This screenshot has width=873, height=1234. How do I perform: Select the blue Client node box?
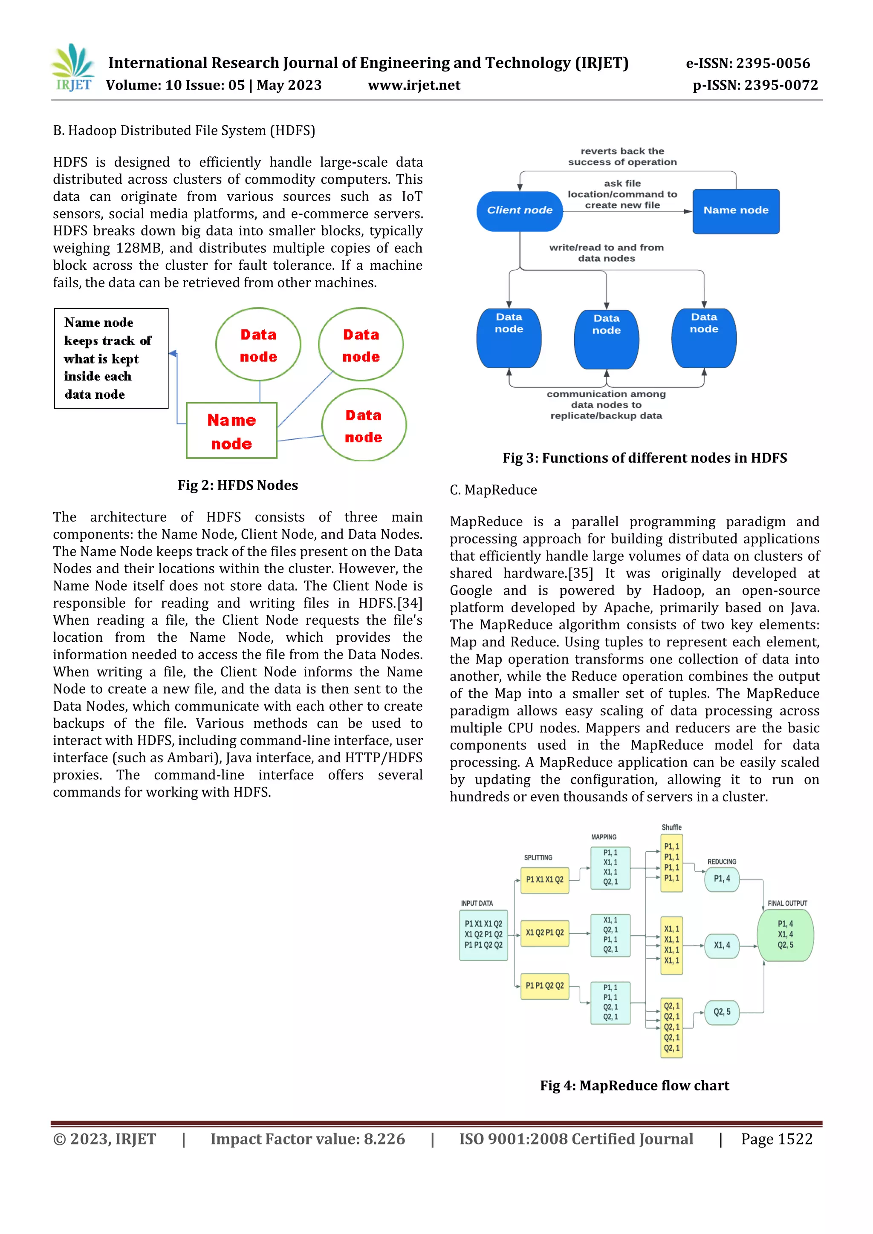tap(519, 210)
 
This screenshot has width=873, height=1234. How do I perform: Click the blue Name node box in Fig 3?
tap(735, 210)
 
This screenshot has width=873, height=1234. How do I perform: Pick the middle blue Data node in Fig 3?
tap(607, 339)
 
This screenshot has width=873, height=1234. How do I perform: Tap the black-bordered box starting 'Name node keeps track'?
tap(111, 358)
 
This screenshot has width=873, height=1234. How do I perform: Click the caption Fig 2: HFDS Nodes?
tap(237, 485)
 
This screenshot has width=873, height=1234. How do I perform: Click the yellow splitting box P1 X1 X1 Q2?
tap(544, 880)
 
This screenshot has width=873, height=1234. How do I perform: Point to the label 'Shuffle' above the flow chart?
tap(671, 827)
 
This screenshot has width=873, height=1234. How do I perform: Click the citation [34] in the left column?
tap(410, 603)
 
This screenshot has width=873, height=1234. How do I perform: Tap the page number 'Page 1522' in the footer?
tap(776, 1139)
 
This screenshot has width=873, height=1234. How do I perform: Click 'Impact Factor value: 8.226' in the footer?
tap(307, 1139)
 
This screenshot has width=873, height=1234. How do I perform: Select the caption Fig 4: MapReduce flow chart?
tap(634, 1086)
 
